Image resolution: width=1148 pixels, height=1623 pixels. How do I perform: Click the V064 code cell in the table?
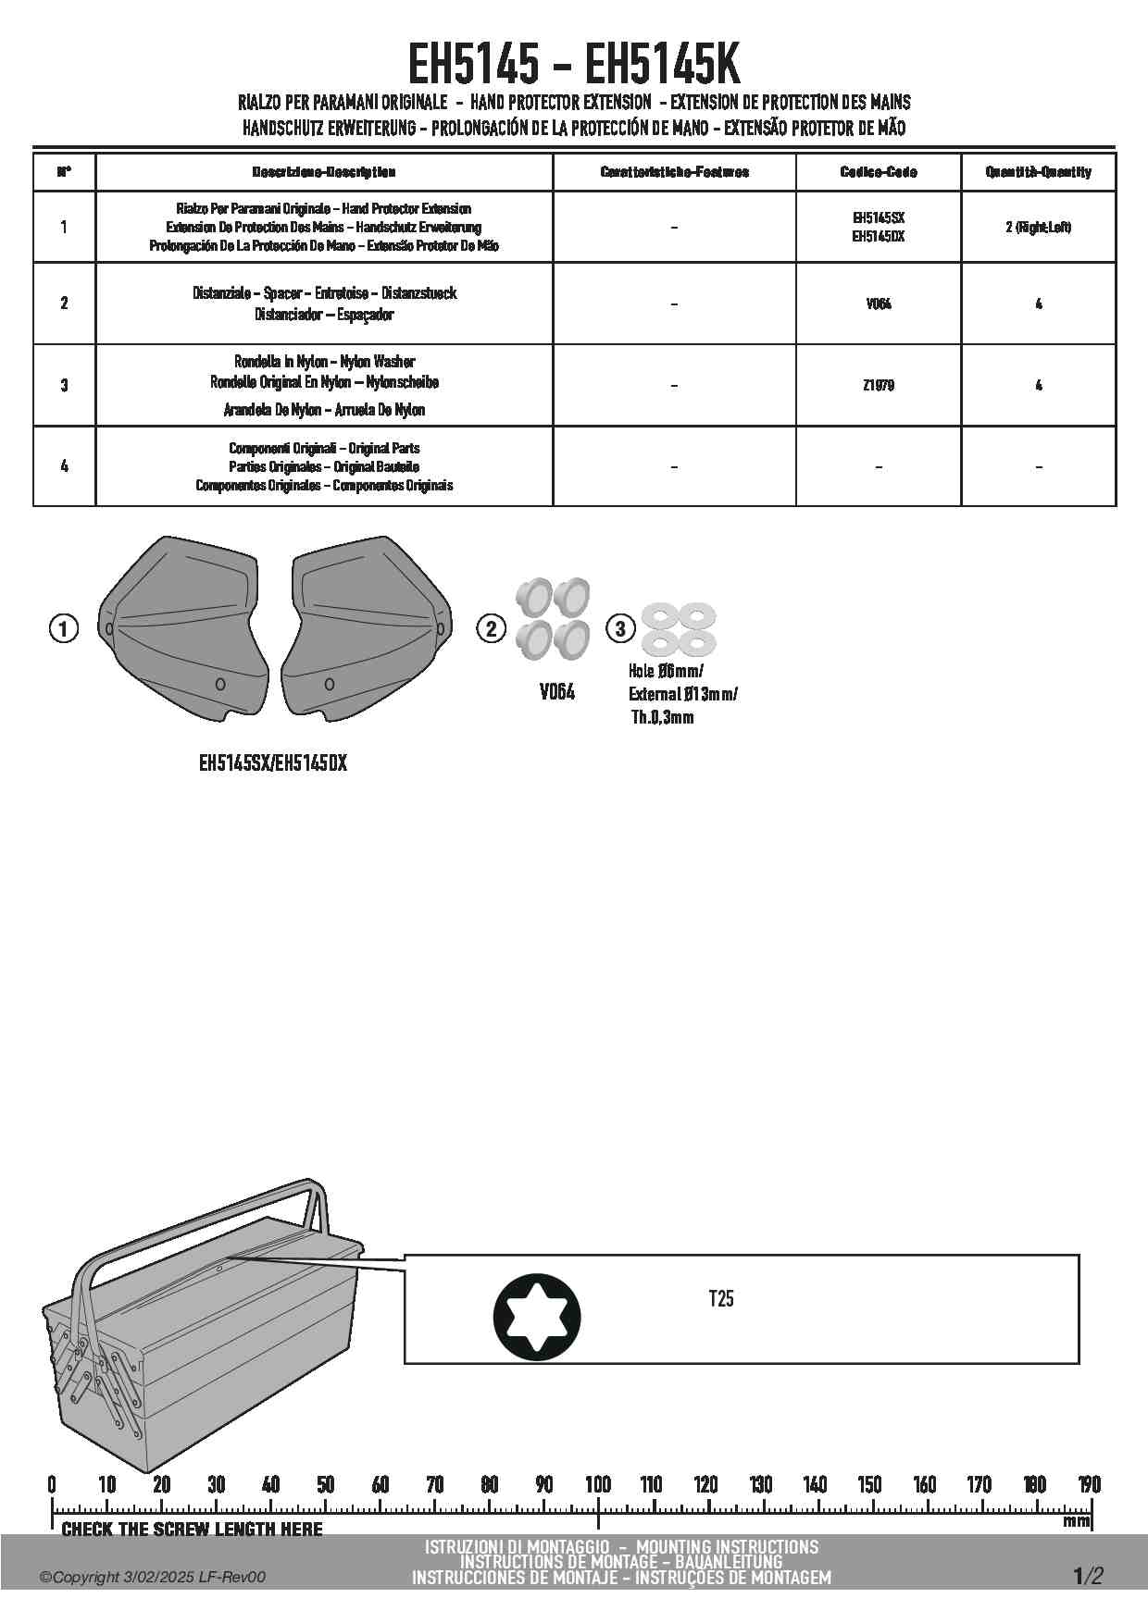point(878,304)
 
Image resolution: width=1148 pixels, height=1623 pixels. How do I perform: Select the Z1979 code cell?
point(878,385)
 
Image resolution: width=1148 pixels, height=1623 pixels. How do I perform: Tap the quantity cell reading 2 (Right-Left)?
point(1038,227)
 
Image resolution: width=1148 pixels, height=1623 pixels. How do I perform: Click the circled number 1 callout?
point(63,629)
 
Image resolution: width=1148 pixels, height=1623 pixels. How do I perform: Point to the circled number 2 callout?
point(491,629)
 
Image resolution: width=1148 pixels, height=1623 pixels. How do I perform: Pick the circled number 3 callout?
point(620,629)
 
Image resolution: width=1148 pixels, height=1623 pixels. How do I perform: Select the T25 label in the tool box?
point(721,1298)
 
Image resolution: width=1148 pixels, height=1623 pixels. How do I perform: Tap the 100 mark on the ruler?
point(598,1484)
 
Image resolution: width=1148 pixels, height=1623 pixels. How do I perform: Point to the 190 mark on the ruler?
point(1089,1484)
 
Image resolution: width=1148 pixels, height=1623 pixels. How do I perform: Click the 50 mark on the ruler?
point(325,1484)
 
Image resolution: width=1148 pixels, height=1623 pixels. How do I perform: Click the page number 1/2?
point(1088,1576)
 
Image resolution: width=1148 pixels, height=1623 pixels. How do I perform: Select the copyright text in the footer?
point(153,1577)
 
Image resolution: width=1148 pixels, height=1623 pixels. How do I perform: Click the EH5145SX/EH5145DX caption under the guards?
point(273,763)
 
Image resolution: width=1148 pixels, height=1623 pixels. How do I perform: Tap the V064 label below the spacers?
point(556,692)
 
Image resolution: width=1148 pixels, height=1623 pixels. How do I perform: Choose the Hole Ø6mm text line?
point(666,671)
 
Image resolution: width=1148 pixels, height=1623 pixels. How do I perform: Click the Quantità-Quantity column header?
point(1038,172)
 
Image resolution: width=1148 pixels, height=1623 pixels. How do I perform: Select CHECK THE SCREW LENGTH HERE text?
point(192,1530)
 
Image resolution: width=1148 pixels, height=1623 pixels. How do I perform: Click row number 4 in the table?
point(64,465)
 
